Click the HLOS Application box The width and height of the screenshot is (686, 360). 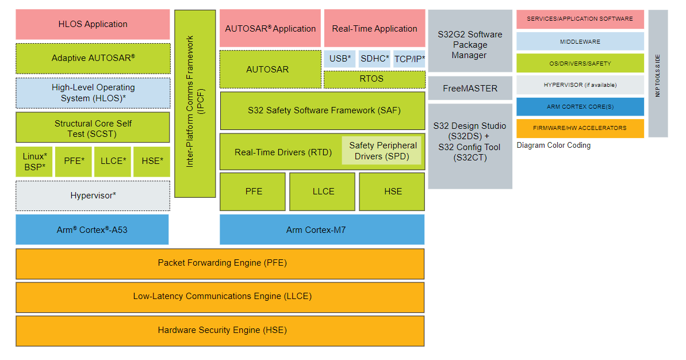click(93, 24)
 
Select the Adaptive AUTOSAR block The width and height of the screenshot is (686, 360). click(93, 58)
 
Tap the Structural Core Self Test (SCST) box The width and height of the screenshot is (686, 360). click(93, 128)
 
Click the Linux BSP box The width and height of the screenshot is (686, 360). click(34, 162)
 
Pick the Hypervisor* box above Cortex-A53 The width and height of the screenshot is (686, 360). click(93, 196)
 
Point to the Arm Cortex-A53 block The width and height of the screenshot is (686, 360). click(92, 230)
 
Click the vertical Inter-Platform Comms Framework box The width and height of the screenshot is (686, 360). click(195, 104)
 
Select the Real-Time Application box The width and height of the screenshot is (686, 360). click(374, 29)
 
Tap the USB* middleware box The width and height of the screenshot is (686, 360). click(340, 59)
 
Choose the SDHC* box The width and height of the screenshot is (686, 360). click(375, 59)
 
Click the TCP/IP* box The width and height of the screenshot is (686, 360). click(409, 59)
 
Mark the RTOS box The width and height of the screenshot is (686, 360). click(374, 79)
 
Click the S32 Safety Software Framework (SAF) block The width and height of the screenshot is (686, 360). click(323, 110)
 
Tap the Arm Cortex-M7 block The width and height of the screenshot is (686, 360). click(322, 230)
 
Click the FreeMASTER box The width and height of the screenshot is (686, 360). click(470, 89)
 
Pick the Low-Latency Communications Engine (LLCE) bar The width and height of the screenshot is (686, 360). click(220, 297)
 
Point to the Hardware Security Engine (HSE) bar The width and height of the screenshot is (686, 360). click(220, 331)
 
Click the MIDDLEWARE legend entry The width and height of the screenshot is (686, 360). click(580, 41)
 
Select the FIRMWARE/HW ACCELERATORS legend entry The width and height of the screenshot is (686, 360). click(580, 128)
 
